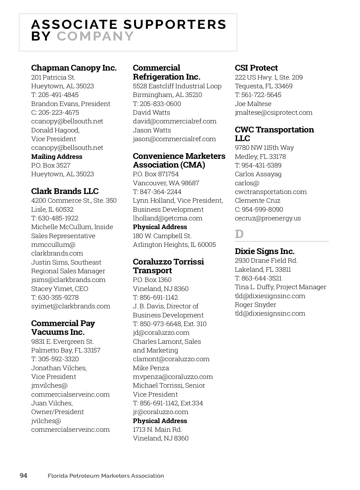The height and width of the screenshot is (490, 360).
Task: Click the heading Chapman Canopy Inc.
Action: click(74, 68)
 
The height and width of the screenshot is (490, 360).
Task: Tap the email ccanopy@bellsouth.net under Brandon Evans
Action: click(67, 121)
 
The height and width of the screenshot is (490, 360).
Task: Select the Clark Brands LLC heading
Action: click(65, 191)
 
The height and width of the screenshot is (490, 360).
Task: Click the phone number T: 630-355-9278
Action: click(55, 298)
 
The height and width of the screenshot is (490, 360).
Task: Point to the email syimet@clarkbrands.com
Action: click(70, 306)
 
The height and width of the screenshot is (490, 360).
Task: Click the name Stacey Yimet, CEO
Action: click(60, 289)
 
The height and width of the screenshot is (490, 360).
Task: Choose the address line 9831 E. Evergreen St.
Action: click(62, 342)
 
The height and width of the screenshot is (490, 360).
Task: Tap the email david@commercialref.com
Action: click(175, 121)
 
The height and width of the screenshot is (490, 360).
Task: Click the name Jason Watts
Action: click(152, 130)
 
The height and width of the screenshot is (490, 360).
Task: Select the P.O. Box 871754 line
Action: click(156, 174)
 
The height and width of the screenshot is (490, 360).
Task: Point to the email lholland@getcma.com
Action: click(167, 218)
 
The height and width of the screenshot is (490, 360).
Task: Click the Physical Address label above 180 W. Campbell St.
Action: click(160, 227)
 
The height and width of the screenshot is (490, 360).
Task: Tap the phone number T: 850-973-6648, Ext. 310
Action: click(169, 324)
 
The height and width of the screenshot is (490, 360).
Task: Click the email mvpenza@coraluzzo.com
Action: click(173, 377)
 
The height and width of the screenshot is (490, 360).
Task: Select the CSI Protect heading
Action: click(256, 68)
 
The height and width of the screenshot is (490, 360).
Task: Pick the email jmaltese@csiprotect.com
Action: click(273, 113)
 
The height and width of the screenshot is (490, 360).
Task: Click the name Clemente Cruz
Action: click(257, 201)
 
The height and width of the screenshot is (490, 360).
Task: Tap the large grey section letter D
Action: click(239, 234)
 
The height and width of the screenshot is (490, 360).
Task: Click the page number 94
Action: click(23, 476)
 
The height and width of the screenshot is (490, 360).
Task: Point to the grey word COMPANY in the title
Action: click(95, 36)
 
